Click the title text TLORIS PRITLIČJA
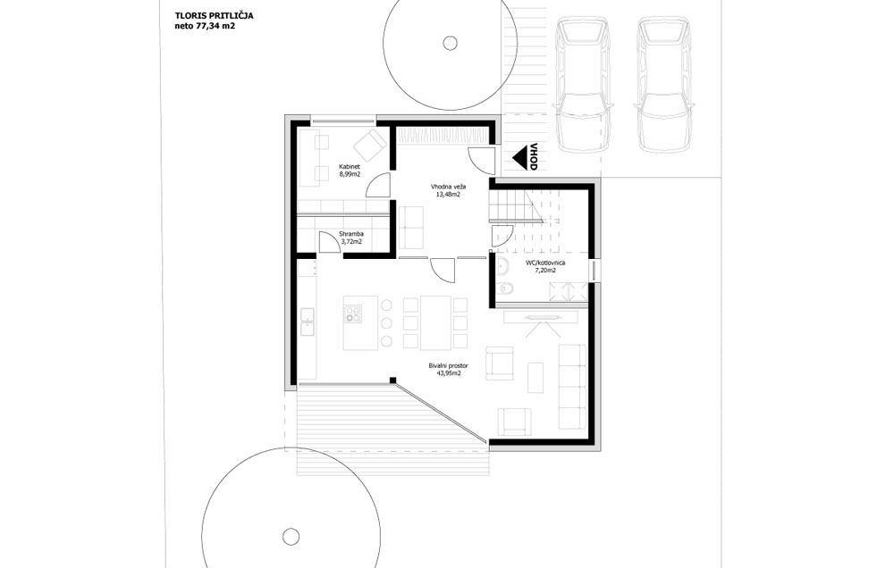point(215,16)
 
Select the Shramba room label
point(351,234)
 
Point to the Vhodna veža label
point(448,187)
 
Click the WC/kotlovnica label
point(545,263)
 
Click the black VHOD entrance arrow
point(519,156)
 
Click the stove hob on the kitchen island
point(352,313)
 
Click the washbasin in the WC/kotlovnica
point(502,265)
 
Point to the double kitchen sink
point(308,322)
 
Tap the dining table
point(435,322)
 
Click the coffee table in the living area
point(536,377)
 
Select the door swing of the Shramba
point(328,241)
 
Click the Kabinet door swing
point(377,186)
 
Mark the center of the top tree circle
point(450,43)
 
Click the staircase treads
point(515,205)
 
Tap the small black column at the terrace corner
point(392,380)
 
